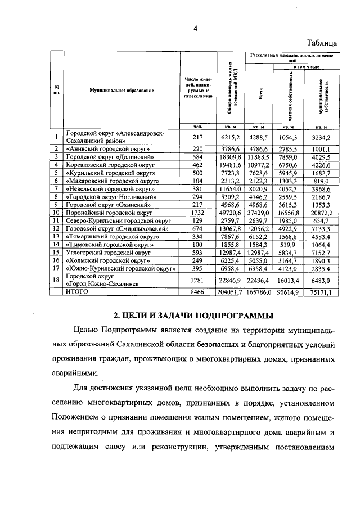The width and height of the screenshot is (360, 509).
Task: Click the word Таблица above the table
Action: click(321, 43)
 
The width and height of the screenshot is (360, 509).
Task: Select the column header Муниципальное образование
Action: click(121, 90)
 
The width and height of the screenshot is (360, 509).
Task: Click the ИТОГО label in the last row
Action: click(78, 292)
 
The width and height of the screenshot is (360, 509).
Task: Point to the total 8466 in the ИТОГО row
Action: click(197, 292)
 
